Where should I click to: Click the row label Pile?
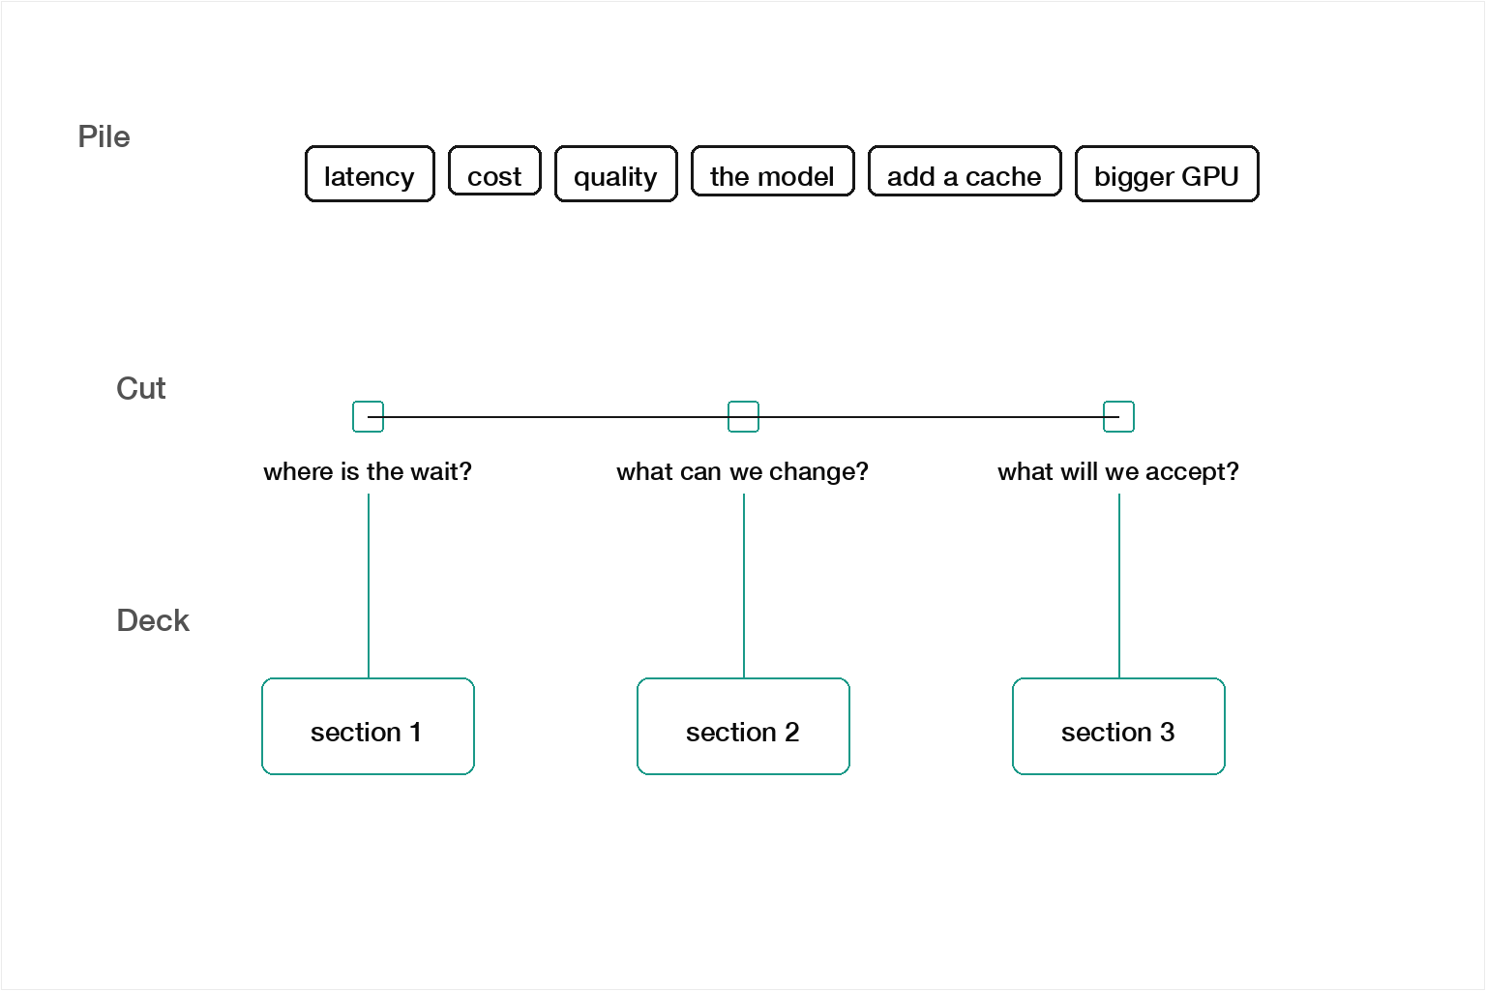pyautogui.click(x=104, y=136)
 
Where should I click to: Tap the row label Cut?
pyautogui.click(x=140, y=388)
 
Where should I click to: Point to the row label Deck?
pyautogui.click(x=153, y=620)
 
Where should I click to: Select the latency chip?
pyautogui.click(x=370, y=174)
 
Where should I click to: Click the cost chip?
pyautogui.click(x=495, y=170)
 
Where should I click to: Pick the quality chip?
pyautogui.click(x=615, y=174)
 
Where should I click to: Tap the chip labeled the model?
pyautogui.click(x=772, y=171)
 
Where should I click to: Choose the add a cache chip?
pyautogui.click(x=965, y=171)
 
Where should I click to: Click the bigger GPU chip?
pyautogui.click(x=1167, y=174)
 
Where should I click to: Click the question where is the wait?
pyautogui.click(x=368, y=472)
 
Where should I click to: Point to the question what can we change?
pyautogui.click(x=742, y=472)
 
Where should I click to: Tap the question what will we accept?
pyautogui.click(x=1118, y=472)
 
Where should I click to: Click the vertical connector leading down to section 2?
pyautogui.click(x=744, y=586)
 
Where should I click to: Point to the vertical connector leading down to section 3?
pyautogui.click(x=1119, y=586)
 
